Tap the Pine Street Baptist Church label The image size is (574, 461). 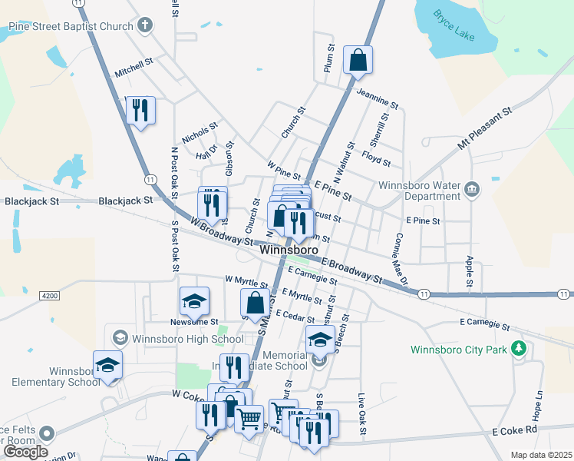[x=71, y=27]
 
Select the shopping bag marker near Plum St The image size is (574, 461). [x=358, y=60]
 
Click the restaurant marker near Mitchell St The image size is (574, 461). [x=140, y=110]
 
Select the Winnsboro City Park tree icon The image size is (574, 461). [x=520, y=349]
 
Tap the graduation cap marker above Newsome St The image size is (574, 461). [x=194, y=301]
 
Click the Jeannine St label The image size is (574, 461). [x=378, y=98]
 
